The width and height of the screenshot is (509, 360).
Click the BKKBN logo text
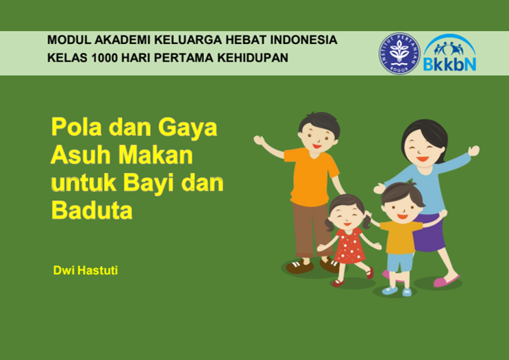coord(450,64)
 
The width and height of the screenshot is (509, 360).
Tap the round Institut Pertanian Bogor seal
coord(399,53)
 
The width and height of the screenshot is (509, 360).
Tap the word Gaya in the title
coord(188,128)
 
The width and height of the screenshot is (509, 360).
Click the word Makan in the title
coord(156,155)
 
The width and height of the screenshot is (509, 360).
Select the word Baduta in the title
coord(92,211)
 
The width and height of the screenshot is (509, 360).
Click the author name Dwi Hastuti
coord(86,270)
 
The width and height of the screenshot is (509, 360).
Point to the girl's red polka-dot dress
coord(349,245)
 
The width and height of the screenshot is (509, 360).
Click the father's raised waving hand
coord(260,141)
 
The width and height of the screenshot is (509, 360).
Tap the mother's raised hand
coord(474,151)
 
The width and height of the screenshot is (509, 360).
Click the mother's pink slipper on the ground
coord(447,280)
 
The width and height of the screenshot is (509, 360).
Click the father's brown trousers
coord(311,229)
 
